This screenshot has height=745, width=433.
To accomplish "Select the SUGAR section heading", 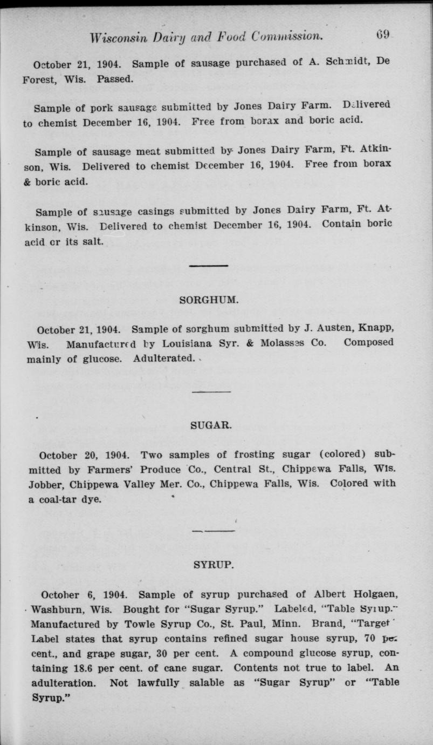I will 211,425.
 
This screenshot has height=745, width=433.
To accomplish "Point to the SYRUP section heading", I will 213,565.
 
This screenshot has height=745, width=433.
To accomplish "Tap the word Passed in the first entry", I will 115,79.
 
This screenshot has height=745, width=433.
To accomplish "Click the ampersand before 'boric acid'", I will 27,181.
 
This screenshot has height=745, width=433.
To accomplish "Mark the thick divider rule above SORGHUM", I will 208,265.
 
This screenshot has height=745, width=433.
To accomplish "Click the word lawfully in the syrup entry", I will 157,682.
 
